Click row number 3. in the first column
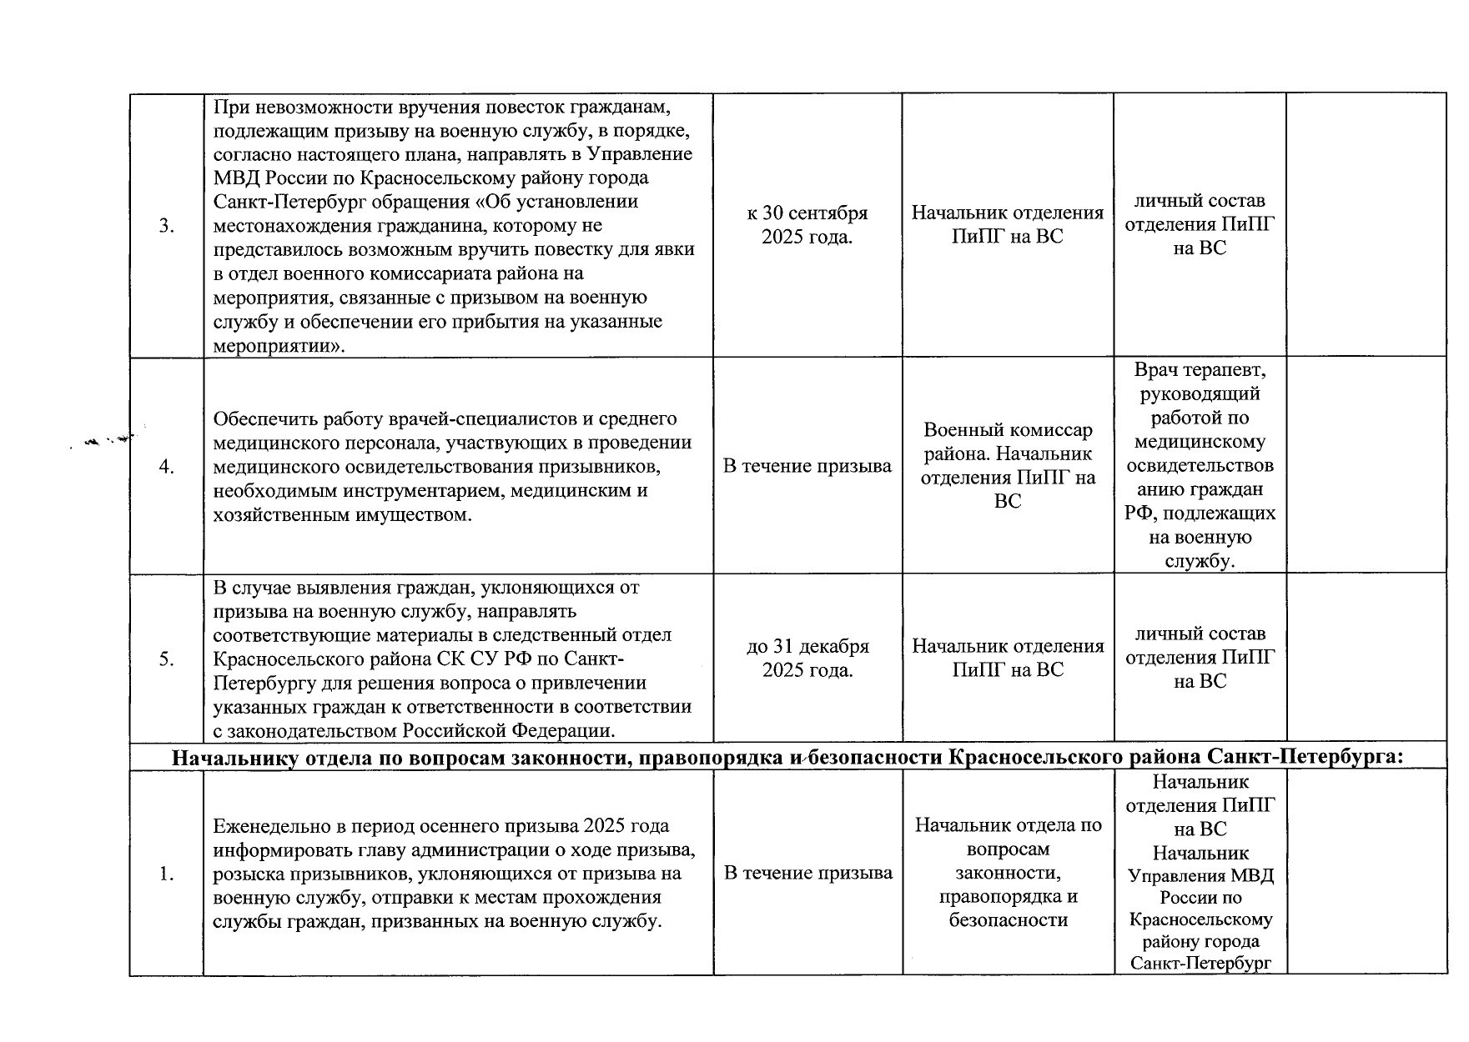pos(167,226)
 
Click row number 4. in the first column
pos(167,467)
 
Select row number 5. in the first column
pos(167,659)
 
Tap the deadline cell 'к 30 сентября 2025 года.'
pos(807,225)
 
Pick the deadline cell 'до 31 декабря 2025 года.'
pos(807,658)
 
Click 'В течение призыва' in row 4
pos(807,466)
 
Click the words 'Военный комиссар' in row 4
pos(1008,430)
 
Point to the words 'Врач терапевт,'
pos(1200,369)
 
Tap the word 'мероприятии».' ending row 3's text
pos(279,346)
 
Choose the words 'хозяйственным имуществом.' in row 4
pos(343,515)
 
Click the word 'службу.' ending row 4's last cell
pos(1200,561)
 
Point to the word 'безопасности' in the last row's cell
pos(1008,920)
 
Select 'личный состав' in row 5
pos(1200,634)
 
